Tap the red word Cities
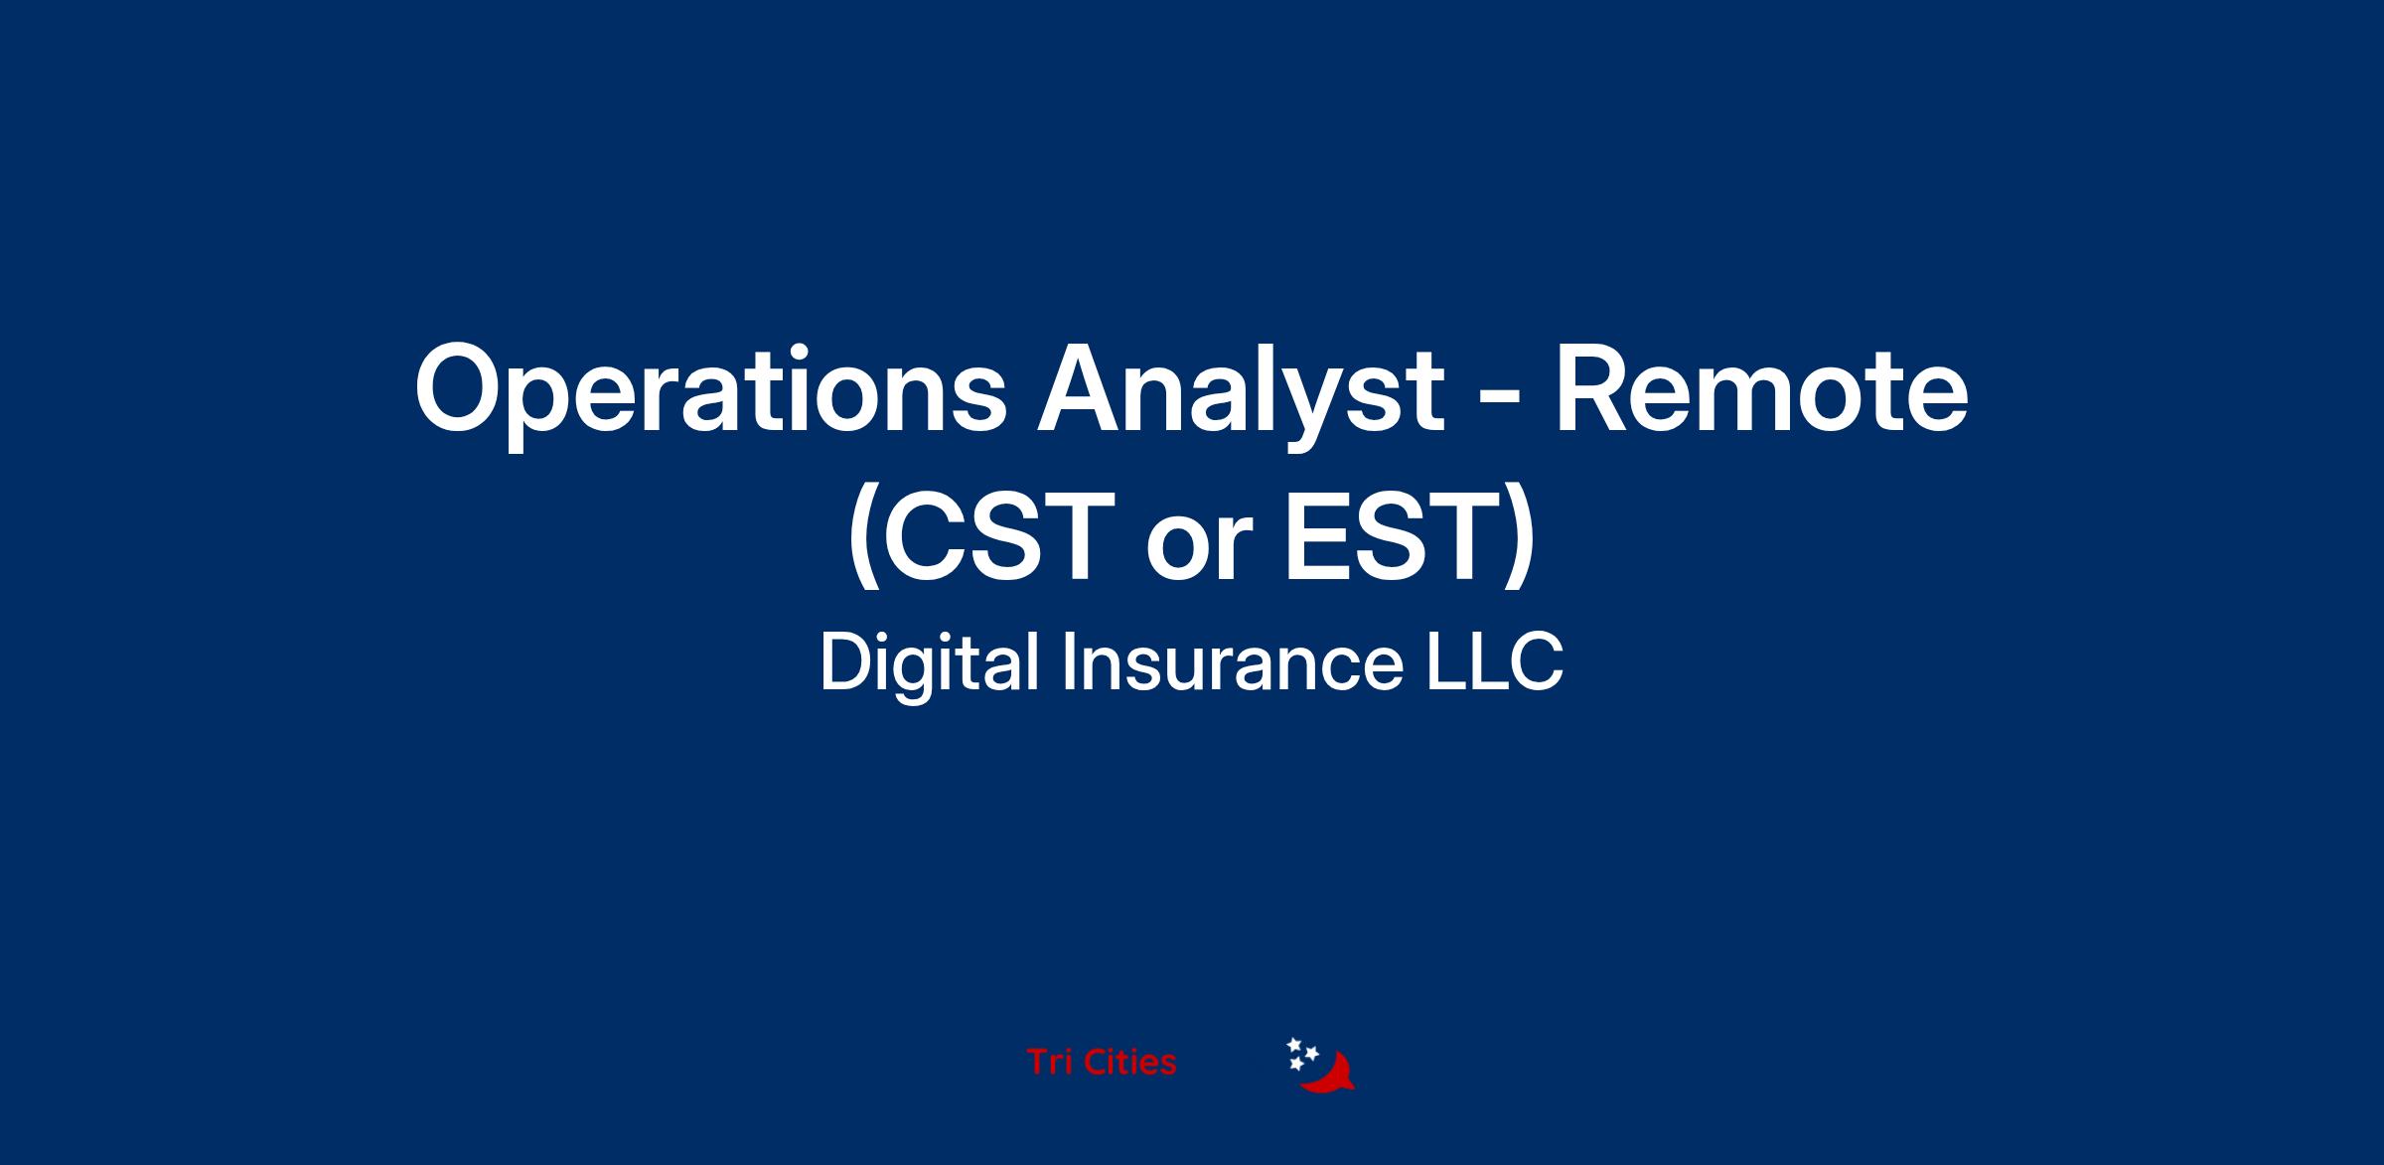(1130, 1063)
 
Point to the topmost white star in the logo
(1294, 1045)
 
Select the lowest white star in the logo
(1295, 1065)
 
